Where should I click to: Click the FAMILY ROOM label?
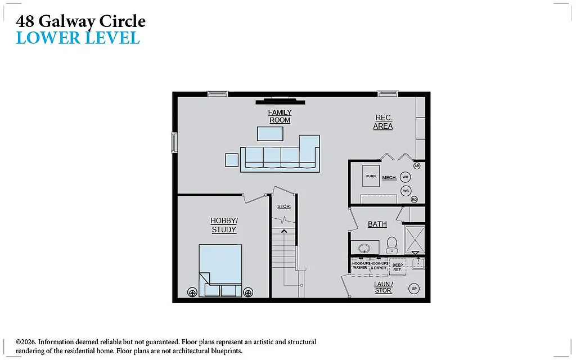tap(280, 116)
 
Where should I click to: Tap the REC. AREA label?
tap(383, 122)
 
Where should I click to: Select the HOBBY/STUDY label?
tap(224, 225)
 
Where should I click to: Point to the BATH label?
tap(377, 224)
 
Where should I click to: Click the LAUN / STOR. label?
tap(383, 287)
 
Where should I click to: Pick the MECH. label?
tap(389, 178)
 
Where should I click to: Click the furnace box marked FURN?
tap(371, 177)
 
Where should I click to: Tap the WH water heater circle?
tap(406, 177)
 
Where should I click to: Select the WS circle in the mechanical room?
tap(406, 191)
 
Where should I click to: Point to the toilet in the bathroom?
tap(391, 245)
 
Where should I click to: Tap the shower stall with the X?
tap(415, 239)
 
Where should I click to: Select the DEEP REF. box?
tap(397, 267)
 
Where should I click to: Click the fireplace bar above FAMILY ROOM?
tap(281, 102)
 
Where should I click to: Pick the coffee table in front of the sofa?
tap(270, 133)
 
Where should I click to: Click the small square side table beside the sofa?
tap(232, 160)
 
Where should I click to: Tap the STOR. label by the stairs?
tap(284, 206)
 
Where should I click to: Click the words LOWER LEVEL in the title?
tap(78, 38)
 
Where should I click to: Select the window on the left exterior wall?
tap(174, 142)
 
